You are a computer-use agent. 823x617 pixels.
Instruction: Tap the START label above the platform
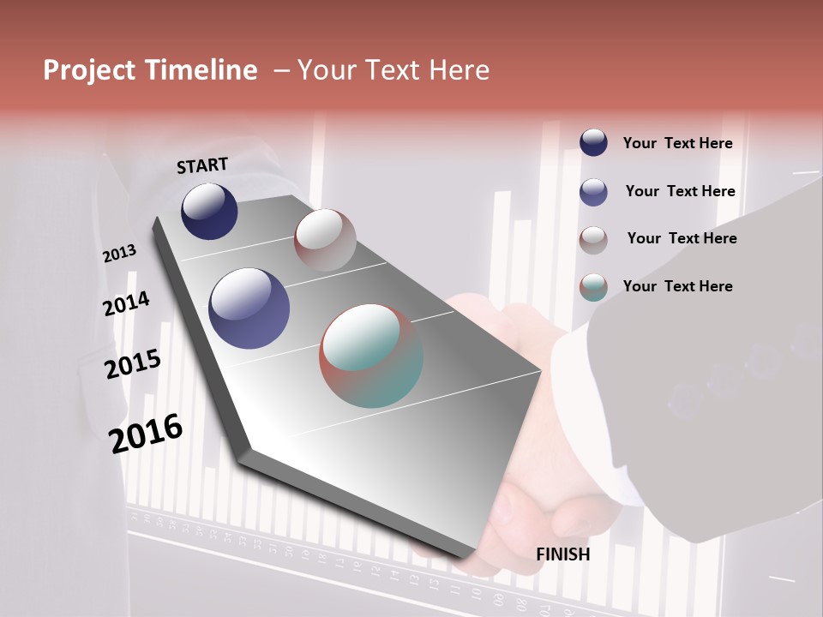pyautogui.click(x=202, y=165)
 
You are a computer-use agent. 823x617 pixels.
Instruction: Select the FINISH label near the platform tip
pyautogui.click(x=563, y=554)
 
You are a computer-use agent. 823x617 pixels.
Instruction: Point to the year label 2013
pyautogui.click(x=119, y=254)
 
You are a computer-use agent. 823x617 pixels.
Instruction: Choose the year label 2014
pyautogui.click(x=126, y=304)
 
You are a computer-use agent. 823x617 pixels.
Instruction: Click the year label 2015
pyautogui.click(x=133, y=364)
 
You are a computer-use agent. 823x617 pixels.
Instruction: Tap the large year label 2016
pyautogui.click(x=146, y=434)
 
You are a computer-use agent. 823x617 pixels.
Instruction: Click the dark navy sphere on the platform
pyautogui.click(x=209, y=211)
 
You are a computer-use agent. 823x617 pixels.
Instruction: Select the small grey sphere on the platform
pyautogui.click(x=325, y=240)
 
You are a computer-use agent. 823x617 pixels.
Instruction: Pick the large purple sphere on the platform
pyautogui.click(x=249, y=308)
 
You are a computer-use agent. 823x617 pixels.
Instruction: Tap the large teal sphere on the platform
pyautogui.click(x=371, y=356)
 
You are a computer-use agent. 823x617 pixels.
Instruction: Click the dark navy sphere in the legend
pyautogui.click(x=593, y=143)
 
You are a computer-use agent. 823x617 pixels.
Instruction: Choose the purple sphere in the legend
pyautogui.click(x=593, y=192)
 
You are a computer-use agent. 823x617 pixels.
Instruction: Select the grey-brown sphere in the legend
pyautogui.click(x=593, y=240)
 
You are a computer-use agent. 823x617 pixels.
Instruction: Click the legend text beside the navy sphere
pyautogui.click(x=677, y=144)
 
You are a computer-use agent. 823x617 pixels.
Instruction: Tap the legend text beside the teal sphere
pyautogui.click(x=677, y=286)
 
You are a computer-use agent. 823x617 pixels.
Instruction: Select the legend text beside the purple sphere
pyautogui.click(x=680, y=191)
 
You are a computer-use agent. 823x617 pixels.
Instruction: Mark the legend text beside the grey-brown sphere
pyautogui.click(x=682, y=238)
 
